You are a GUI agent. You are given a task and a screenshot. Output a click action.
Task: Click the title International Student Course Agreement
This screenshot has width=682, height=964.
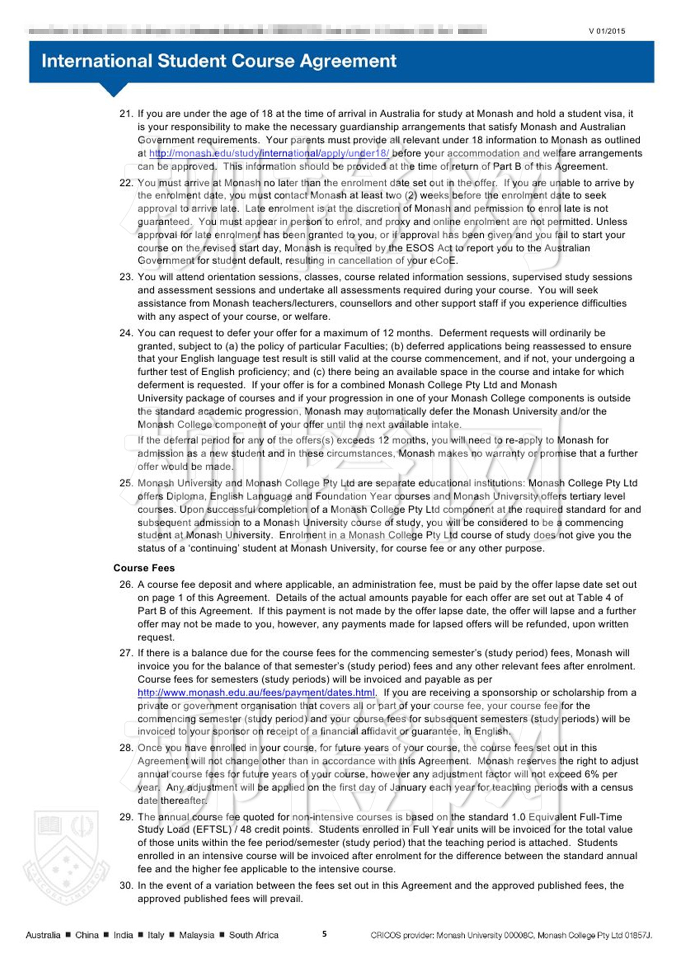[x=219, y=61]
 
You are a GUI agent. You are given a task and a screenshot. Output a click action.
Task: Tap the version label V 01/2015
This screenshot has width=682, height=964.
[x=606, y=31]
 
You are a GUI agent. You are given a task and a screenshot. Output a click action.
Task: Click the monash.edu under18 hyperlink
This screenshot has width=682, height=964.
[x=269, y=154]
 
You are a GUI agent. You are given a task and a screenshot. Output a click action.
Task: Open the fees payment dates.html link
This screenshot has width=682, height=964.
[x=256, y=693]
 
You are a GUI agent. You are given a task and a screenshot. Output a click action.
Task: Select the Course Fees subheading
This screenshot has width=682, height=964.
[x=144, y=568]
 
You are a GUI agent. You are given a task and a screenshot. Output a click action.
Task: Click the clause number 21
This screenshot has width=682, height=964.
[x=126, y=114]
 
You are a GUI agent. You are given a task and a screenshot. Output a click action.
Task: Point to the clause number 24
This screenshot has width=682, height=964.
[x=126, y=333]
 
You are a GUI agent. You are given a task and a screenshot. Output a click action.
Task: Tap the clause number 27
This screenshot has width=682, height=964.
[x=126, y=653]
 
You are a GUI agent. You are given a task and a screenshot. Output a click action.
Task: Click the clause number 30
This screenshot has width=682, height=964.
[x=126, y=886]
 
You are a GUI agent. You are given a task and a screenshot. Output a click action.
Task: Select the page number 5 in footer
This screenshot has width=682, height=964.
[x=324, y=934]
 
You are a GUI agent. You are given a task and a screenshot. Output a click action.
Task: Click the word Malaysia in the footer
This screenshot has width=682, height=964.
[x=196, y=935]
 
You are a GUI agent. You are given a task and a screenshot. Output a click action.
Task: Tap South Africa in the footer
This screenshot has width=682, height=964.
[x=253, y=935]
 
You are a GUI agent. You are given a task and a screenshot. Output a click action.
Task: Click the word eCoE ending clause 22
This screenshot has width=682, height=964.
[x=443, y=261]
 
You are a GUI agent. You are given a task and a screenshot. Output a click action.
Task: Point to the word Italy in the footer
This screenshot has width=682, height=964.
[x=155, y=935]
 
